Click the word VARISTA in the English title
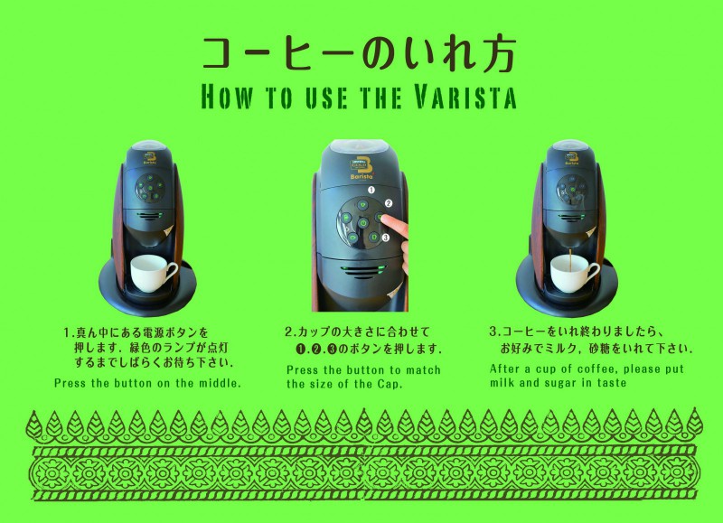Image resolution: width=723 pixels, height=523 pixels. pos(465,97)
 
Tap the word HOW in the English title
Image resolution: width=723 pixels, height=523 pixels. pos(228,97)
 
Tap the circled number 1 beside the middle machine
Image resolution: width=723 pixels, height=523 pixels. pos(371,190)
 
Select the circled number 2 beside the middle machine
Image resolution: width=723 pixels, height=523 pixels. pos(389,203)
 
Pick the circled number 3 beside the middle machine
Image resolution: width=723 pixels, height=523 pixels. pos(386,238)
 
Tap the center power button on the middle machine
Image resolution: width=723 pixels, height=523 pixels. pos(363,223)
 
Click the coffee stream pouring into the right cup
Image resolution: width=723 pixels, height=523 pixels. pos(571,261)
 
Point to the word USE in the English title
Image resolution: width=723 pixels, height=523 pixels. pos(327,97)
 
